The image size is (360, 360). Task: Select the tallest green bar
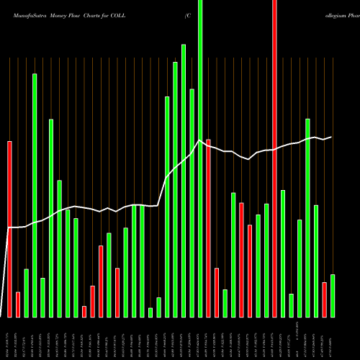point(200,158)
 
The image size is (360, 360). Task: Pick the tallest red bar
point(274,158)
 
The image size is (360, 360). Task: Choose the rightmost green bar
point(333,296)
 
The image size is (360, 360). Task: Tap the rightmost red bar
point(324,300)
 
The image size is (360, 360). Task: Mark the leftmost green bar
point(27,293)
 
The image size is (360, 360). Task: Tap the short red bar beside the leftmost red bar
point(18,305)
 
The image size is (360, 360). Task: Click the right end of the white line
point(331,137)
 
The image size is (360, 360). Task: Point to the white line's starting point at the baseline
point(3,316)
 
